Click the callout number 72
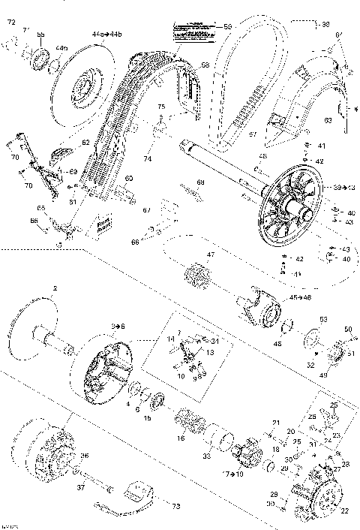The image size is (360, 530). [x=10, y=24]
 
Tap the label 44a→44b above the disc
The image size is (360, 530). [x=103, y=35]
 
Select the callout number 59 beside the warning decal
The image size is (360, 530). [x=228, y=27]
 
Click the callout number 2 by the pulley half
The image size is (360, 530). [x=55, y=289]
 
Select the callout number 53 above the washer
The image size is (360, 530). [x=324, y=319]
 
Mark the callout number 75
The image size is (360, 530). [x=160, y=109]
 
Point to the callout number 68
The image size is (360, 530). [x=200, y=182]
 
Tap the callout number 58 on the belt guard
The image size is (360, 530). [x=204, y=66]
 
